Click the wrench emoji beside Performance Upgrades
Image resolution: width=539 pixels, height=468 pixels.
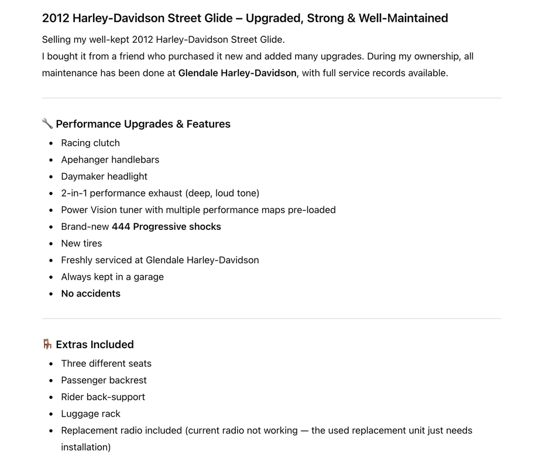47,123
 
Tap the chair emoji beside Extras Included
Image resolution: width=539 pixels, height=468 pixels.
47,344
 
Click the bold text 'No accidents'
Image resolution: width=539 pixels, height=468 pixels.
91,294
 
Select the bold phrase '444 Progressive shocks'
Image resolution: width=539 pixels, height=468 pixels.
166,226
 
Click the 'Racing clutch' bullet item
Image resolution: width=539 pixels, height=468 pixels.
90,143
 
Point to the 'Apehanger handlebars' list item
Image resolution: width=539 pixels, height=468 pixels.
110,160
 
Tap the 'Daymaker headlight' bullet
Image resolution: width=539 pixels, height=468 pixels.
104,176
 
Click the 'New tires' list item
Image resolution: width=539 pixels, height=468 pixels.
81,243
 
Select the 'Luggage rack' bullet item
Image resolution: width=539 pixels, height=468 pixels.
91,414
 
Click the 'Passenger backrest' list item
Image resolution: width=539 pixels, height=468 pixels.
104,380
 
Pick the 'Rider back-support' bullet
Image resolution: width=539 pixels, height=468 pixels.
103,397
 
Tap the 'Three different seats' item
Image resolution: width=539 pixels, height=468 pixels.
106,363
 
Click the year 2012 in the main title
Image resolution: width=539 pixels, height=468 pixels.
55,18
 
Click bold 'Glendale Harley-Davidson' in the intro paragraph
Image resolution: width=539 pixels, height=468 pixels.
237,73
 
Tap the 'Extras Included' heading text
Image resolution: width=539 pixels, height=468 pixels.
95,345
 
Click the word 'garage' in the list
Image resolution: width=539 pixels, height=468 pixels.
149,277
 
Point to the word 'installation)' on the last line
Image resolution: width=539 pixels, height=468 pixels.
85,447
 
